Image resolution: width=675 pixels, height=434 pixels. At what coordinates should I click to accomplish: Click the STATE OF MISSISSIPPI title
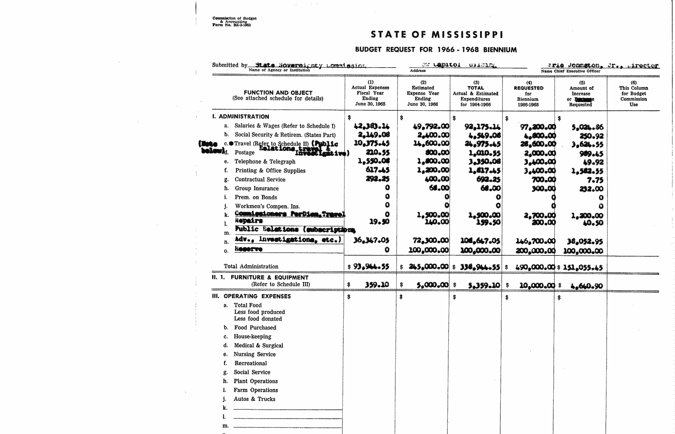437,34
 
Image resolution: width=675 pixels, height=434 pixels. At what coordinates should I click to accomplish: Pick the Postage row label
244,153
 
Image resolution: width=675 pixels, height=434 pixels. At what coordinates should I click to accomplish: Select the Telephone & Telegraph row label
265,162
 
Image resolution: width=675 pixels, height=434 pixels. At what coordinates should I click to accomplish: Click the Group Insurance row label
256,188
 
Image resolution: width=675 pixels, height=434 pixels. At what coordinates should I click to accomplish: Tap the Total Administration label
251,266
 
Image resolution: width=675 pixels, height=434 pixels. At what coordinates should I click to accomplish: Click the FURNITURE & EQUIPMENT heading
270,277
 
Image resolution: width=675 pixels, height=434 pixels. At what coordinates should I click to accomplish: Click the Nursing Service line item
255,354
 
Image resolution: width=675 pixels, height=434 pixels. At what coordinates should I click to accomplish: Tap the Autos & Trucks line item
254,399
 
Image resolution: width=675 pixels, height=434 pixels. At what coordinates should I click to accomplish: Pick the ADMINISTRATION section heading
244,117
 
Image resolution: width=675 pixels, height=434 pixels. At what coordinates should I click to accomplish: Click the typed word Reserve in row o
248,249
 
